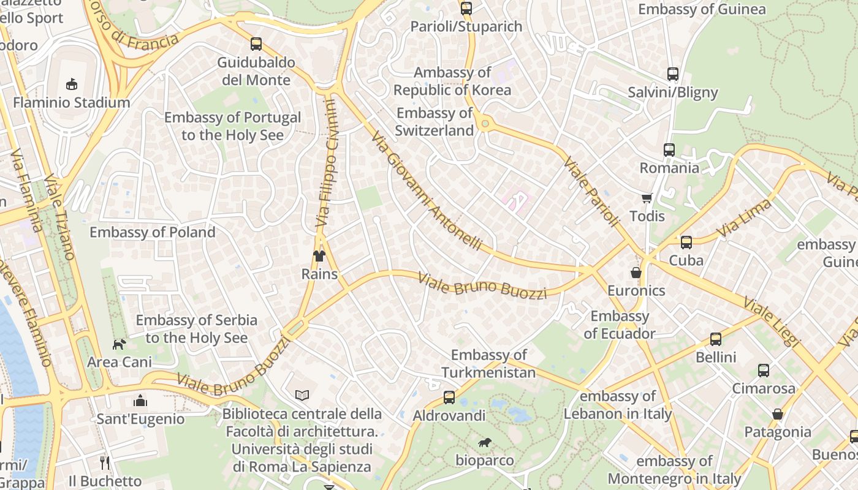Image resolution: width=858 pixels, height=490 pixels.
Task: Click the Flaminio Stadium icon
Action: tap(72, 84)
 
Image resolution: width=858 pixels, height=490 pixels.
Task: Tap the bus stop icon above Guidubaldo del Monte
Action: tap(256, 44)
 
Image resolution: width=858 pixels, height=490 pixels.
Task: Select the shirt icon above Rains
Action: tap(319, 255)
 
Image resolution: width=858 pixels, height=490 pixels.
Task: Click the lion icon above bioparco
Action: tap(484, 442)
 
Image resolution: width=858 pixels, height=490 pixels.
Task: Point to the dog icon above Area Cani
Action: tap(119, 344)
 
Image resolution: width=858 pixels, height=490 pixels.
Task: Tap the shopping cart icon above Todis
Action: tap(647, 198)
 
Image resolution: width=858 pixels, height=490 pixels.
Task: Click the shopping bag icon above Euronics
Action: tap(636, 273)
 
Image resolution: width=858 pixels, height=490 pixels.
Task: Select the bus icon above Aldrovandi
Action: tap(449, 398)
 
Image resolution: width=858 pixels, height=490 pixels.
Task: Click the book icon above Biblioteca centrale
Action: tap(302, 396)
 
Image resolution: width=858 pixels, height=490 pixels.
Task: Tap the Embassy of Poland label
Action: tap(153, 233)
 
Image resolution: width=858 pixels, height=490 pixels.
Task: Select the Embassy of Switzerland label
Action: tap(435, 122)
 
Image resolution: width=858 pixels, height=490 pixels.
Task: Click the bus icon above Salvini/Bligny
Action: tap(673, 74)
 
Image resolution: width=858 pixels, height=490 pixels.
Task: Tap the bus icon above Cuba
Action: tap(686, 243)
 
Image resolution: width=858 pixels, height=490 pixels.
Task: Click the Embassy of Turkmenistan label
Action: tap(488, 364)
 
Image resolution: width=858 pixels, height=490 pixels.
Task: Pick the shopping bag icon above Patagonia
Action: tap(778, 414)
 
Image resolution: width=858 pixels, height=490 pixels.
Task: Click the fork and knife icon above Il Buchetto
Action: tap(105, 462)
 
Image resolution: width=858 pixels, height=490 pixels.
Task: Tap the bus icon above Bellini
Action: tap(716, 339)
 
